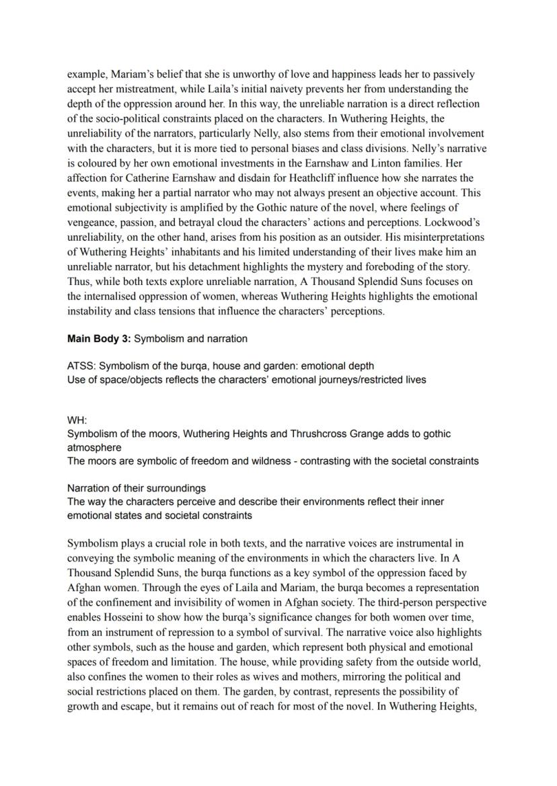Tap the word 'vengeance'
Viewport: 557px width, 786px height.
(91, 222)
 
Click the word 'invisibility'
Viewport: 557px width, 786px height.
(181, 603)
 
